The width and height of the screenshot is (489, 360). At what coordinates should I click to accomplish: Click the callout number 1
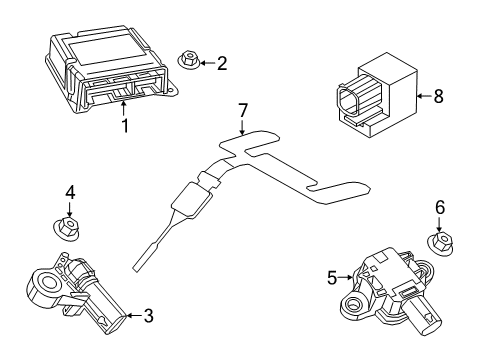click(x=124, y=126)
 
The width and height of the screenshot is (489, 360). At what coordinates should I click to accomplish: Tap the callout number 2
click(x=221, y=64)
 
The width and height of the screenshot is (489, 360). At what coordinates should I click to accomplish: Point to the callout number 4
click(x=70, y=192)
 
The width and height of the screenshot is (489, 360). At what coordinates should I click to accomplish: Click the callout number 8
click(x=436, y=97)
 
